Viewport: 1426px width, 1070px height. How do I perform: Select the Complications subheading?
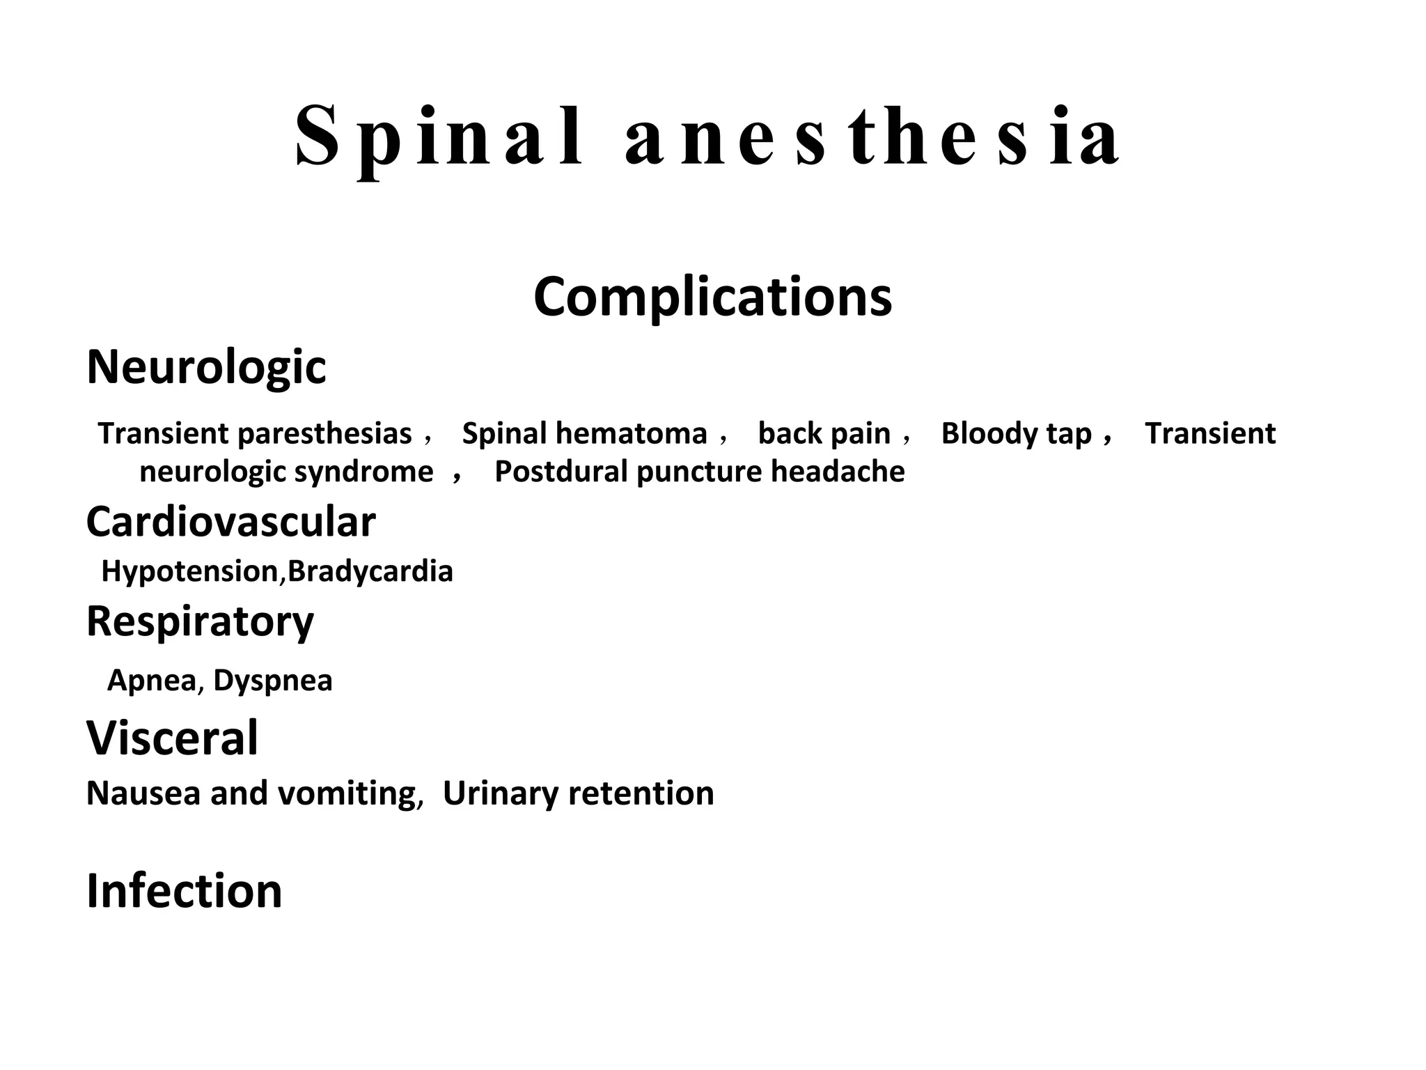pos(712,297)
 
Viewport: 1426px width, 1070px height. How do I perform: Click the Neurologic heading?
pos(206,367)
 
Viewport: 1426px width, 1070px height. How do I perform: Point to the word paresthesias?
pos(324,434)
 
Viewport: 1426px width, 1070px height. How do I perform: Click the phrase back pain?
pos(824,434)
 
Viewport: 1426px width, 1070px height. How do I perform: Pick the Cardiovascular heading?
pos(230,522)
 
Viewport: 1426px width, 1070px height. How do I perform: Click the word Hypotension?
pos(190,571)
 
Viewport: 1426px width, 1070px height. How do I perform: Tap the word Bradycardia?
pos(370,571)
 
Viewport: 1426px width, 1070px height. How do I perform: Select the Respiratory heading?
pos(200,621)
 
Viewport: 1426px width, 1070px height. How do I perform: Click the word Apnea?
pos(152,681)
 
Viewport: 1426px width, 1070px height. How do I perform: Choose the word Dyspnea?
pos(273,681)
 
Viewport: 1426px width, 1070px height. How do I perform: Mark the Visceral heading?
pos(172,738)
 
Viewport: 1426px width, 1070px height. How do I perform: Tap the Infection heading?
pos(184,891)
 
